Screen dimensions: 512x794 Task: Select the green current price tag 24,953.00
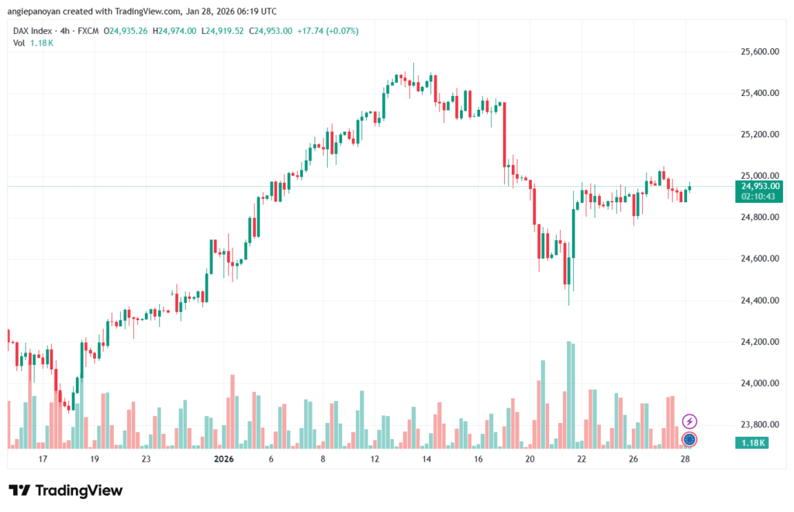tap(761, 186)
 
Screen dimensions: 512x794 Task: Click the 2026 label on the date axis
tap(223, 459)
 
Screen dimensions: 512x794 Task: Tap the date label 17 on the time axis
tap(43, 459)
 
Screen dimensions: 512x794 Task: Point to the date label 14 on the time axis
tap(426, 459)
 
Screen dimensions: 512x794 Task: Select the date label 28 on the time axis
tap(685, 459)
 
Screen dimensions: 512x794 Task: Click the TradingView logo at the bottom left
tap(65, 490)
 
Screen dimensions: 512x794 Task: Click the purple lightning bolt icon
tap(689, 421)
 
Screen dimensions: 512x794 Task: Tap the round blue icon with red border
tap(689, 440)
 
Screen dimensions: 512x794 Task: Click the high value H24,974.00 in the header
tap(178, 31)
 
